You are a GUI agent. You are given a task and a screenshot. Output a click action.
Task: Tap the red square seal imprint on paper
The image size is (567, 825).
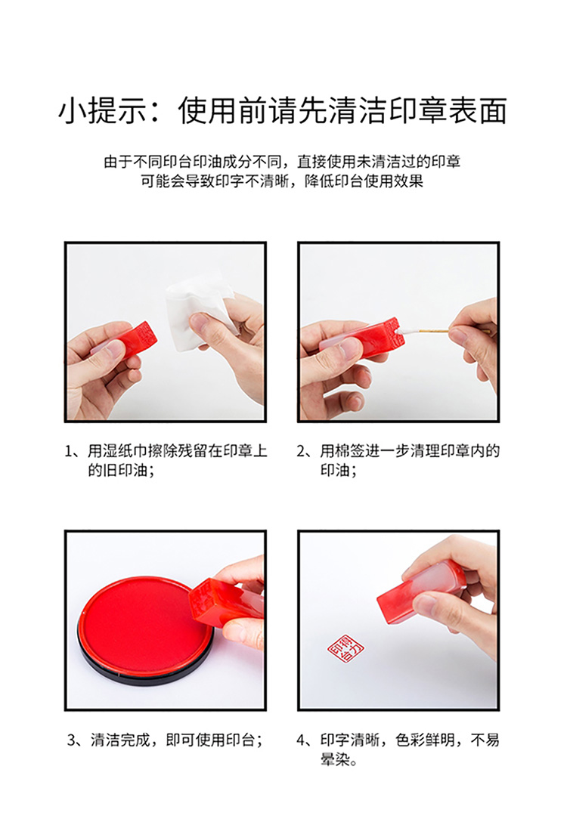pos(345,648)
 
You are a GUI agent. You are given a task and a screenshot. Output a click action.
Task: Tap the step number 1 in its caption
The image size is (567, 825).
pos(69,451)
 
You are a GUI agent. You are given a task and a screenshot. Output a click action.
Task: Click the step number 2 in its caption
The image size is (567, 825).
pos(301,451)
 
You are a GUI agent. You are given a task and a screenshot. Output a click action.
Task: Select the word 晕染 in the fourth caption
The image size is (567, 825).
pos(335,759)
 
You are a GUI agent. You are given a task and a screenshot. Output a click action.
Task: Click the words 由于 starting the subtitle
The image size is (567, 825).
pos(118,162)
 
